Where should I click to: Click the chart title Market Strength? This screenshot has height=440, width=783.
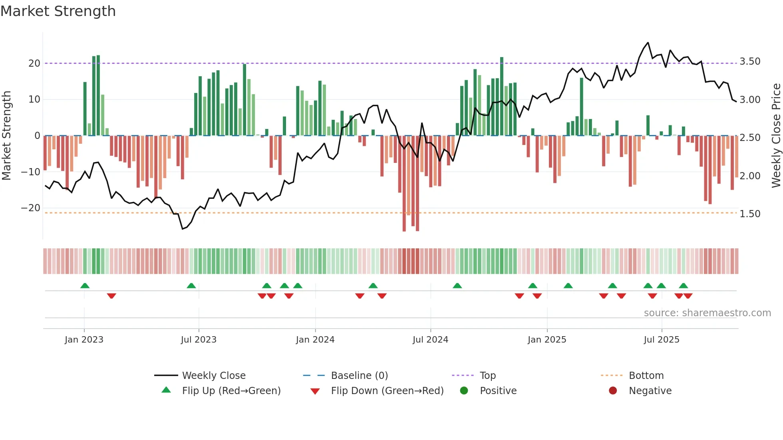pyautogui.click(x=58, y=11)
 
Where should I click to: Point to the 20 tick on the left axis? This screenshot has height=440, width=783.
pyautogui.click(x=34, y=63)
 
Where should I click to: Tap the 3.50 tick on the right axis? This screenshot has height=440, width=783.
pyautogui.click(x=750, y=61)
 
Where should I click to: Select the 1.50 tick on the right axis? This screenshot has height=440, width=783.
pyautogui.click(x=750, y=214)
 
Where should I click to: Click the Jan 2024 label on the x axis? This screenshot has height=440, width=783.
pyautogui.click(x=315, y=340)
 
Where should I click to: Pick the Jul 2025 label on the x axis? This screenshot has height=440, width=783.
pyautogui.click(x=661, y=340)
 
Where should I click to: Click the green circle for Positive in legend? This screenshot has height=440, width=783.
pyautogui.click(x=464, y=391)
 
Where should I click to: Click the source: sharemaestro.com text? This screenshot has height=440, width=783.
pyautogui.click(x=707, y=313)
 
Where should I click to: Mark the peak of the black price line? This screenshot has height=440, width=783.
pyautogui.click(x=648, y=42)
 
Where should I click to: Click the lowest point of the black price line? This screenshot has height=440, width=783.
pyautogui.click(x=183, y=229)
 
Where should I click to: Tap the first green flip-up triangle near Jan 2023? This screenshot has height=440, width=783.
pyautogui.click(x=85, y=285)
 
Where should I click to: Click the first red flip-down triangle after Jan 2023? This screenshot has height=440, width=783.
pyautogui.click(x=111, y=296)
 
